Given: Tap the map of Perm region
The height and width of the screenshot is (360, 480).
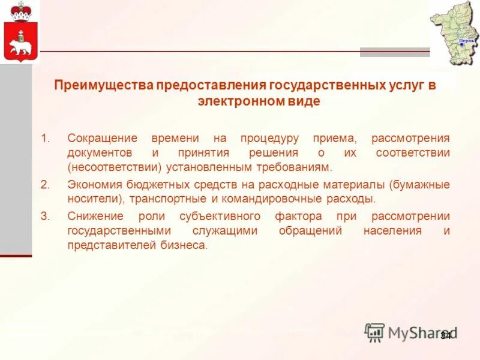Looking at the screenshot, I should (455, 32).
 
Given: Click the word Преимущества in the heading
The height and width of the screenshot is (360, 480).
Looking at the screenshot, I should (104, 86).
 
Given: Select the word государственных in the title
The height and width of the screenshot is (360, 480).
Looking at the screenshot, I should (328, 86).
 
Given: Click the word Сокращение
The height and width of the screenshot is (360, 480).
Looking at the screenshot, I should (102, 138).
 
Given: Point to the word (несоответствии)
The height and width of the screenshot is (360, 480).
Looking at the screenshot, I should (113, 167).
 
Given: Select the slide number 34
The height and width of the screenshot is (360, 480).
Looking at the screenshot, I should (446, 335).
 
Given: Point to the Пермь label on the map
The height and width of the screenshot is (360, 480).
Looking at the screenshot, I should (467, 41).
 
